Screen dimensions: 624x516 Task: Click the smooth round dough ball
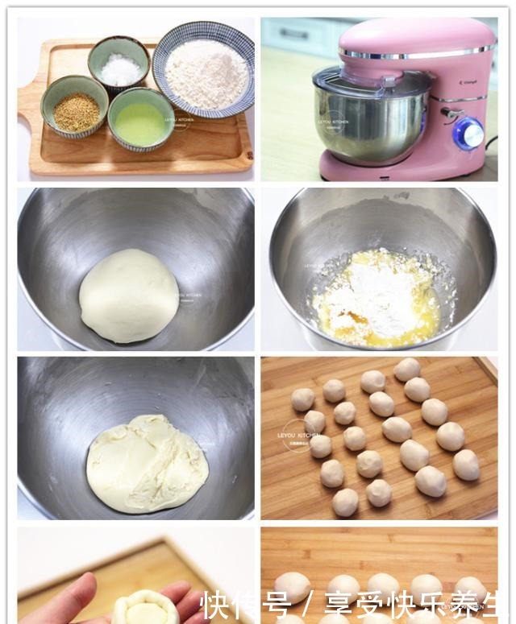[129, 295]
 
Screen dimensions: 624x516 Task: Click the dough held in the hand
[145, 606]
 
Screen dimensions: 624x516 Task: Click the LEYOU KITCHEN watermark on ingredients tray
[178, 121]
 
